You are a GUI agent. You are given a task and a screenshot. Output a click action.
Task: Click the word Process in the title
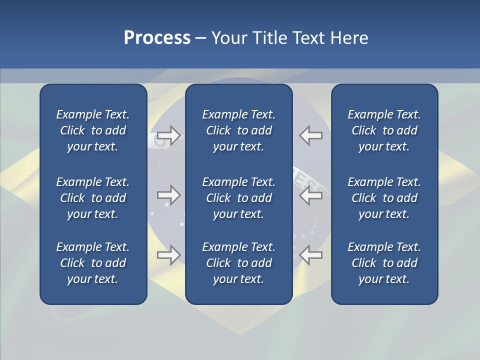pos(157,38)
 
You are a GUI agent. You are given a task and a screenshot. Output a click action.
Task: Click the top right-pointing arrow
pos(168,135)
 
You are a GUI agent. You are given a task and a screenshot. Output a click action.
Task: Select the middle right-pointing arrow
pos(168,195)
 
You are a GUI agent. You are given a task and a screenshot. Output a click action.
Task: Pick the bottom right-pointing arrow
pos(168,254)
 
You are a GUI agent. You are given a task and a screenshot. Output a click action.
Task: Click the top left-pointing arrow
pos(311,135)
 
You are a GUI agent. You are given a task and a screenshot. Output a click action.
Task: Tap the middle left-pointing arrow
pos(311,195)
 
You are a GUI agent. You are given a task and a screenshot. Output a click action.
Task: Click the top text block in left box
pos(93,130)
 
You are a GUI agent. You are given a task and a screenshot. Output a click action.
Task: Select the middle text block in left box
pos(93,198)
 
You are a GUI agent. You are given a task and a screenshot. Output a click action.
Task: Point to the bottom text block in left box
pos(93,263)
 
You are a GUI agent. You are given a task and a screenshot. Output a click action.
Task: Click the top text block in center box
pos(238,130)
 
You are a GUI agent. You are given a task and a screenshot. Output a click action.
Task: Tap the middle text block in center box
pos(238,198)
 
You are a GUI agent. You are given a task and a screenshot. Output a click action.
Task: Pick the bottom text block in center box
pos(238,263)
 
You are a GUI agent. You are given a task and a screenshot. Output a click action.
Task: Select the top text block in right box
pos(384,130)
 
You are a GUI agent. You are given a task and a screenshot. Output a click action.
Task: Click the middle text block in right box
pos(384,198)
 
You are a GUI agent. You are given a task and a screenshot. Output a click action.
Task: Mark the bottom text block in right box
pos(384,263)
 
